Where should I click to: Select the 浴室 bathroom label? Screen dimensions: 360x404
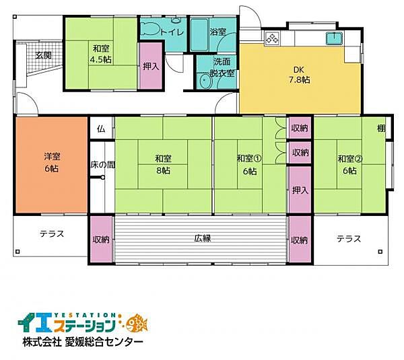(217, 32)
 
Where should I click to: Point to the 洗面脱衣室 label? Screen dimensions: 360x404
(221, 68)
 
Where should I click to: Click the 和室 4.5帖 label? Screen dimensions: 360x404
(102, 53)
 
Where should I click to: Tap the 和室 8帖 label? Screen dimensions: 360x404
(162, 165)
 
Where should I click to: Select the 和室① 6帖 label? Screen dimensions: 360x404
(248, 165)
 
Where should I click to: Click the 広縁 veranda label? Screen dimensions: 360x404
(203, 239)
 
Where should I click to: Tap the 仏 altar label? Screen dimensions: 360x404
(101, 129)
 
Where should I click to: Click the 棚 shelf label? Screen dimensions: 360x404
(381, 129)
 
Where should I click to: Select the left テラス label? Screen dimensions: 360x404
(51, 234)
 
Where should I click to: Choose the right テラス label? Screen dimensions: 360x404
(348, 238)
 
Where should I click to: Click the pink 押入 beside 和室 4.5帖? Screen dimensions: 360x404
(151, 66)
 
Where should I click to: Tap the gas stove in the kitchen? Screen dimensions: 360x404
(273, 38)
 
